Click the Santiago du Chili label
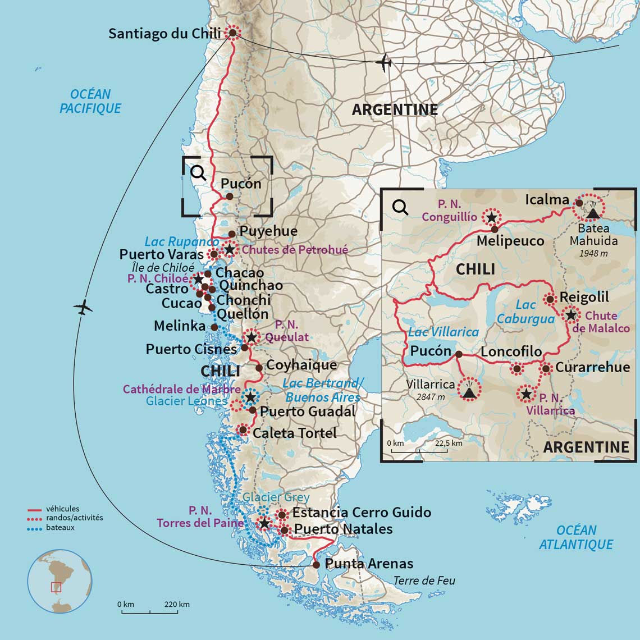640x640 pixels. coord(166,33)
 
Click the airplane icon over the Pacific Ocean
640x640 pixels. coord(83,307)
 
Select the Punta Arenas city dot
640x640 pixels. coord(317,565)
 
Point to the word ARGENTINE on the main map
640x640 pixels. coord(395,109)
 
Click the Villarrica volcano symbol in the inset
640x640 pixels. coord(469,389)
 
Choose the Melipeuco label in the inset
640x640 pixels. coord(510,241)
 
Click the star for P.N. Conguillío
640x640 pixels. coord(491,217)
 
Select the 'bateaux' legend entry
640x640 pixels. coord(61,528)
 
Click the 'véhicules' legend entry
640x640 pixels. coord(62,509)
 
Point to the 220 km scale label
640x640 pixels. coord(177,605)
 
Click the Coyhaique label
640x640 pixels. coord(301,365)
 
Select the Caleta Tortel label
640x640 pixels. coord(294,433)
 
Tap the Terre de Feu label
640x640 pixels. coord(424,580)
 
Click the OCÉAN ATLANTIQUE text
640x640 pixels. coord(576,537)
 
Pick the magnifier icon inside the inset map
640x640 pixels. coord(400,207)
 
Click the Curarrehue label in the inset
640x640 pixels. coord(592,367)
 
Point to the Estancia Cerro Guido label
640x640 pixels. coord(362,512)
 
